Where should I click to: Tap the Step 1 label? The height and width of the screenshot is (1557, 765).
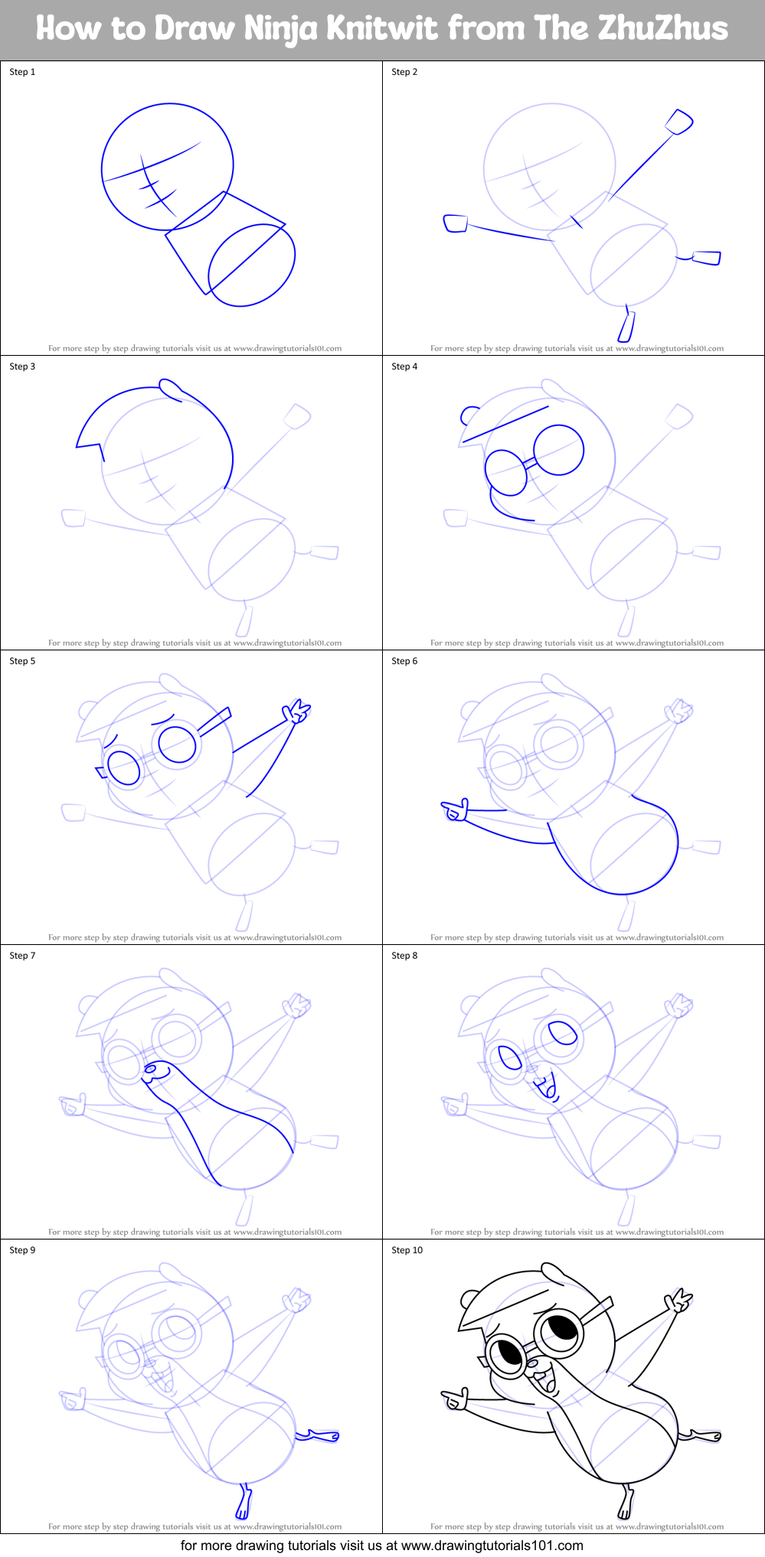pyautogui.click(x=22, y=72)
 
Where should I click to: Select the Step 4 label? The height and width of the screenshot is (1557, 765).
pyautogui.click(x=404, y=366)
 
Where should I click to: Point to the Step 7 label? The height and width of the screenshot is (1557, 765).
pyautogui.click(x=22, y=956)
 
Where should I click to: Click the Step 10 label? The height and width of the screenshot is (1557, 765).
pyautogui.click(x=407, y=1250)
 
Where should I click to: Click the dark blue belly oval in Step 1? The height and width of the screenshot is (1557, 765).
pyautogui.click(x=252, y=265)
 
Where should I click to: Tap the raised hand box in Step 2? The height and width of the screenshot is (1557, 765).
pyautogui.click(x=678, y=122)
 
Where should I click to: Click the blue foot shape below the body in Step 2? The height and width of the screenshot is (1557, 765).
pyautogui.click(x=626, y=327)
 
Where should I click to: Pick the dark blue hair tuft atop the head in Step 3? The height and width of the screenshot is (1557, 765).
pyautogui.click(x=170, y=389)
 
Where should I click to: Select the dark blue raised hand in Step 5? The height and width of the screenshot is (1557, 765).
pyautogui.click(x=296, y=712)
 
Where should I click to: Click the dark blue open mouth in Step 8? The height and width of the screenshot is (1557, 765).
pyautogui.click(x=548, y=1085)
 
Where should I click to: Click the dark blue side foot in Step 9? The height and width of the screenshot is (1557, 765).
pyautogui.click(x=319, y=1436)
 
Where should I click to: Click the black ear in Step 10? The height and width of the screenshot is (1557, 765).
pyautogui.click(x=469, y=1298)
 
